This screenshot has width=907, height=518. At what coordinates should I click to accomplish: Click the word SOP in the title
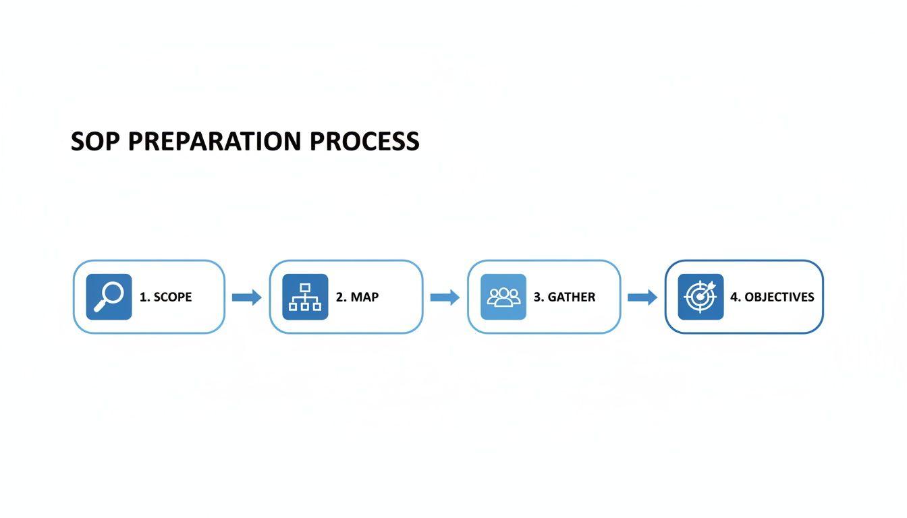coord(95,142)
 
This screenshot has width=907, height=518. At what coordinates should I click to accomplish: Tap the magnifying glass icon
coord(109,297)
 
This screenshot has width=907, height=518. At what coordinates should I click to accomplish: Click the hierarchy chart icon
coord(305,297)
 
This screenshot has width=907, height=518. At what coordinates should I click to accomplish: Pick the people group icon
coord(503,297)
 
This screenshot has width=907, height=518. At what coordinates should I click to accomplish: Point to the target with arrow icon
coord(700,297)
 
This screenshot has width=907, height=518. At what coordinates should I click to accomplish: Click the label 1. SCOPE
coord(165,297)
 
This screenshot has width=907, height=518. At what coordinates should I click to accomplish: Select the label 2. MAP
coord(357,297)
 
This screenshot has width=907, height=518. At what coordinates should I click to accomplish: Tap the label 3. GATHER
coord(564,297)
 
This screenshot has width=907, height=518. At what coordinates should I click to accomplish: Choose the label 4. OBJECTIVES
coord(772,297)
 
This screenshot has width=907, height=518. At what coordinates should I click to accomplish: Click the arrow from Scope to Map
coord(246,297)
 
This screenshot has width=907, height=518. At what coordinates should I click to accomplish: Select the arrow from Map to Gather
coord(445,297)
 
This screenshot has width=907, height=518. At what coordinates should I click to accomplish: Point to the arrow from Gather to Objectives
coord(642,297)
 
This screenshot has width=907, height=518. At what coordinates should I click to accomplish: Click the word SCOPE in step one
coord(173,297)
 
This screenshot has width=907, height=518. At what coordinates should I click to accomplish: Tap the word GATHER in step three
coord(572,297)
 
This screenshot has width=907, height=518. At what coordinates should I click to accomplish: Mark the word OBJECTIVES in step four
coord(779,297)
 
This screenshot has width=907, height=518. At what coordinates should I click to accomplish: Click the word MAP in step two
coord(364,297)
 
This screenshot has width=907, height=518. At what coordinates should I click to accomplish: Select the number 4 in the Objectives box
coord(734,297)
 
